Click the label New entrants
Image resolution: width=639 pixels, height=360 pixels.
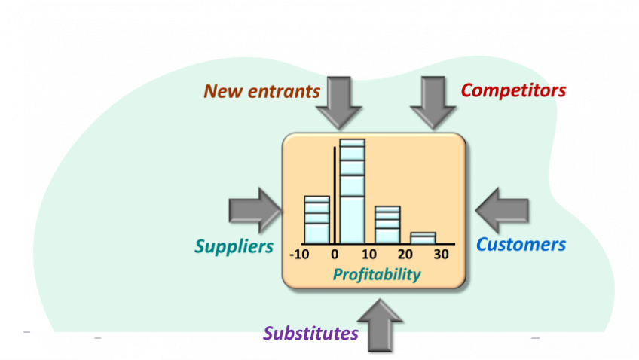(x=261, y=92)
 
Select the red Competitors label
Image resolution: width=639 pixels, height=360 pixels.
(x=513, y=90)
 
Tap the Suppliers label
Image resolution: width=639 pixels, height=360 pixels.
(x=234, y=246)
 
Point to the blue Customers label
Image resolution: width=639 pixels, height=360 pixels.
(x=521, y=245)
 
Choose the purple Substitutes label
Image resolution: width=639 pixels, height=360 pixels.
(x=310, y=334)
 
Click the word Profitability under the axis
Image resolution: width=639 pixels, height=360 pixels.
(x=377, y=275)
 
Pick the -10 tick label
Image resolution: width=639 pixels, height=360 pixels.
(x=299, y=255)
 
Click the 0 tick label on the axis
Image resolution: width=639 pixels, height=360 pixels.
(x=335, y=255)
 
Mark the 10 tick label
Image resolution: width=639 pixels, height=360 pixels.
(x=369, y=255)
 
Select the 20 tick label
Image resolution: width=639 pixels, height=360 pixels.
(x=405, y=255)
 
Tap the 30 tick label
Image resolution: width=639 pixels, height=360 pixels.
(x=441, y=255)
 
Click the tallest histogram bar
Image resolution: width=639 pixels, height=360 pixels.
(x=352, y=191)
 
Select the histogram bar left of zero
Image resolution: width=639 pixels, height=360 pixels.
(x=316, y=220)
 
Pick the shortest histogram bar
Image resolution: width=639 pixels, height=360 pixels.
(x=423, y=238)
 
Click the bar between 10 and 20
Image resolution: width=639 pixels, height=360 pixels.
(x=387, y=225)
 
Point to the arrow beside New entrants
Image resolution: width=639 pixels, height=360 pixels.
(x=339, y=102)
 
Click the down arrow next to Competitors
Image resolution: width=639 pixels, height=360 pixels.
(x=433, y=102)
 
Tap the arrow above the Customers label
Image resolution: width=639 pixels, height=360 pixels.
(x=503, y=210)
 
